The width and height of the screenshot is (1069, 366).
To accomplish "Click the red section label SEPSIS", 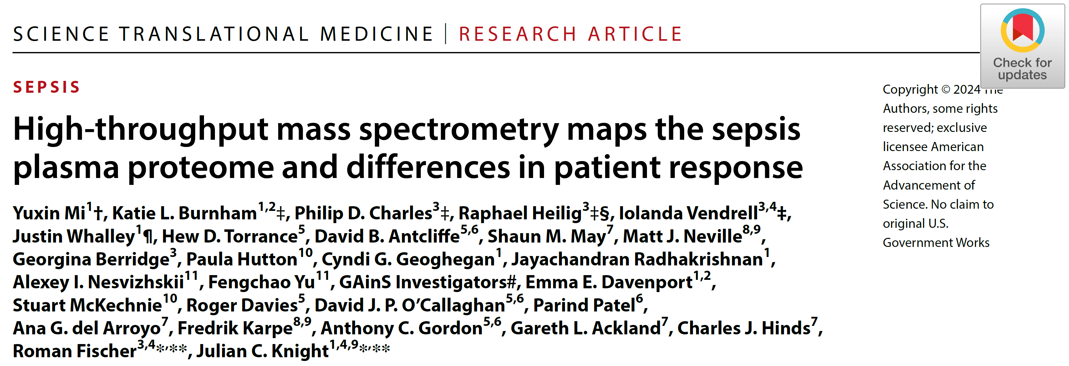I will click(47, 87).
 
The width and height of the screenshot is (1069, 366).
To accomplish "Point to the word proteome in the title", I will click(201, 167).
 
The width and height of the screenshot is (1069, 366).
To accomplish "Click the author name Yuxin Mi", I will click(49, 213).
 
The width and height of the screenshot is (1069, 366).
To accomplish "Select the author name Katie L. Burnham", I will click(184, 213).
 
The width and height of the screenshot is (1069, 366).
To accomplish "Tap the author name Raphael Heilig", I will click(520, 213).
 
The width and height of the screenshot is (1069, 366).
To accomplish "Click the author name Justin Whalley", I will click(74, 236).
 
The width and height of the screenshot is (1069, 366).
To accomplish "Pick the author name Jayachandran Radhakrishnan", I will click(637, 259).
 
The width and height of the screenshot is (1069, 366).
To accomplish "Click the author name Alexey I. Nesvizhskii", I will click(98, 282).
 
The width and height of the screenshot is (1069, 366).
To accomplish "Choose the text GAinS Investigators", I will click(424, 282).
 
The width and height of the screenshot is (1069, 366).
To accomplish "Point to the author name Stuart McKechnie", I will click(87, 305).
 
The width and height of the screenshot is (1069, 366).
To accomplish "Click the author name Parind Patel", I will click(584, 305).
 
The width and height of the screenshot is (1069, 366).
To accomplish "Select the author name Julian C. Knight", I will click(262, 351).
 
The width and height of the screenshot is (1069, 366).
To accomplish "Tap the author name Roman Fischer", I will click(75, 351).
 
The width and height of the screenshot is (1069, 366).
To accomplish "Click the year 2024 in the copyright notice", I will click(966, 89).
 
